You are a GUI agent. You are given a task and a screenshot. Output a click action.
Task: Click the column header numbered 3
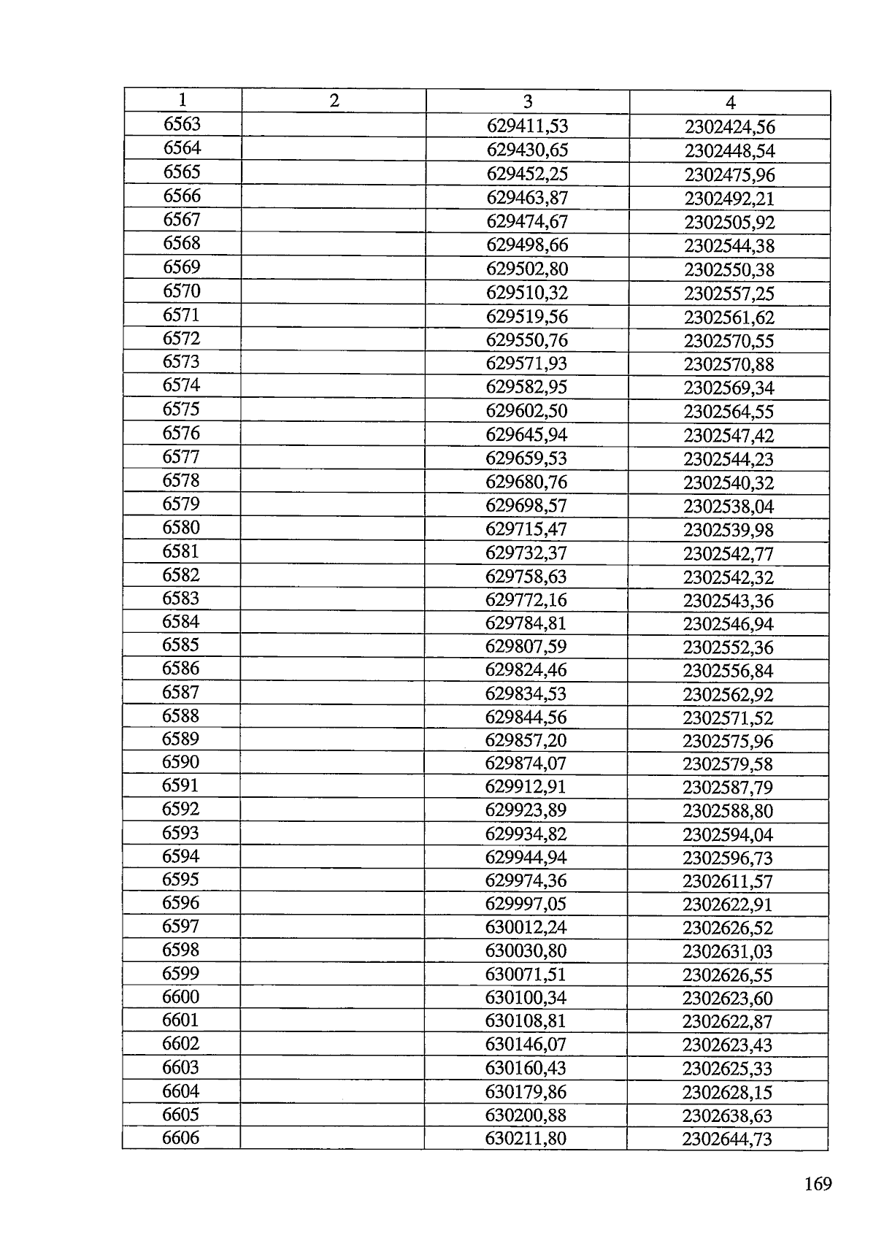[528, 102]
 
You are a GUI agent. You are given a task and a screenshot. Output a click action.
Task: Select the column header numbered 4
[730, 103]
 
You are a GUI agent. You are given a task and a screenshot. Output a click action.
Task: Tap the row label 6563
[182, 124]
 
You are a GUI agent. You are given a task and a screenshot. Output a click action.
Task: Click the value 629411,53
[527, 127]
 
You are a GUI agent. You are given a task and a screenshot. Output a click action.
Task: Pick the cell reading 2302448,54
[729, 152]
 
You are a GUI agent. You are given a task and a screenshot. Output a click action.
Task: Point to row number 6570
[181, 291]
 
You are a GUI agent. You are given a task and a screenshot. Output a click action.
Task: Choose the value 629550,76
[526, 340]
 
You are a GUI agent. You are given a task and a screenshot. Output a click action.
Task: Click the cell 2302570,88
[729, 364]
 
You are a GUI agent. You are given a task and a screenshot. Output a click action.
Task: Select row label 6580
[181, 527]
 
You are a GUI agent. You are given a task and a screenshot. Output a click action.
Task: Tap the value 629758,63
[526, 577]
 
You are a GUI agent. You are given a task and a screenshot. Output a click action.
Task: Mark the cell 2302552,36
[728, 647]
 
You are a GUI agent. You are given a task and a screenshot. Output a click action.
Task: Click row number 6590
[180, 762]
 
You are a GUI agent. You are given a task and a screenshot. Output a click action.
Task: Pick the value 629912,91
[526, 787]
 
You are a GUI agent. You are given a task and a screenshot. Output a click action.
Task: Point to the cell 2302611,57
[727, 881]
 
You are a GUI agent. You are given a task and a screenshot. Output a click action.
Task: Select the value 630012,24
[526, 928]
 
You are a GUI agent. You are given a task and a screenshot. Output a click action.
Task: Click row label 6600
[180, 996]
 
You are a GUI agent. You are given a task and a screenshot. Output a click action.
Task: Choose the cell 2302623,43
[727, 1045]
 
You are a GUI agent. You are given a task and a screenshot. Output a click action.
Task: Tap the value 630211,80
[526, 1139]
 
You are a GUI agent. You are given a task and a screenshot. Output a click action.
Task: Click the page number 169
[818, 1184]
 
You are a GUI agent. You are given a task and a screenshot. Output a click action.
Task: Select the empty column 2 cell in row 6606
[332, 1139]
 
